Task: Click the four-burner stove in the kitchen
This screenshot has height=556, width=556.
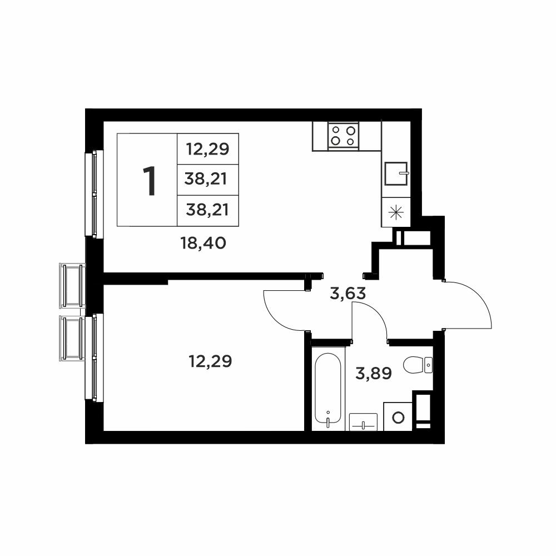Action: click(x=343, y=136)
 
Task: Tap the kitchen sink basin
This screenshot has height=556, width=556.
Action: click(x=396, y=173)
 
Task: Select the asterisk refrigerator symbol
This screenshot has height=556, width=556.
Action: click(x=396, y=212)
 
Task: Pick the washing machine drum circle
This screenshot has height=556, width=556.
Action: click(x=398, y=417)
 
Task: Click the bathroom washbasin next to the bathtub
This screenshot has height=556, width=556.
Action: click(x=363, y=422)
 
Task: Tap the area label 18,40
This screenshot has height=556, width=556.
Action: click(x=203, y=244)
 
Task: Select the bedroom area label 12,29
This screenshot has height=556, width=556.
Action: click(x=210, y=361)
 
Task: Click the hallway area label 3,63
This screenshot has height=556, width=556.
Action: click(x=348, y=294)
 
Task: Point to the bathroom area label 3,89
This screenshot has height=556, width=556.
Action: click(x=374, y=373)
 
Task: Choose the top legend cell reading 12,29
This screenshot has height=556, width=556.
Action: click(x=208, y=149)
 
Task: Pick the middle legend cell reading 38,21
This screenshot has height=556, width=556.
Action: click(x=208, y=180)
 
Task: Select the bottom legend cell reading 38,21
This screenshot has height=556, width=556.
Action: click(x=208, y=211)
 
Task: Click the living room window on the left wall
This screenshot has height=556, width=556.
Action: click(x=94, y=193)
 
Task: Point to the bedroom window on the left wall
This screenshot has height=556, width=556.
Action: click(x=94, y=358)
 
